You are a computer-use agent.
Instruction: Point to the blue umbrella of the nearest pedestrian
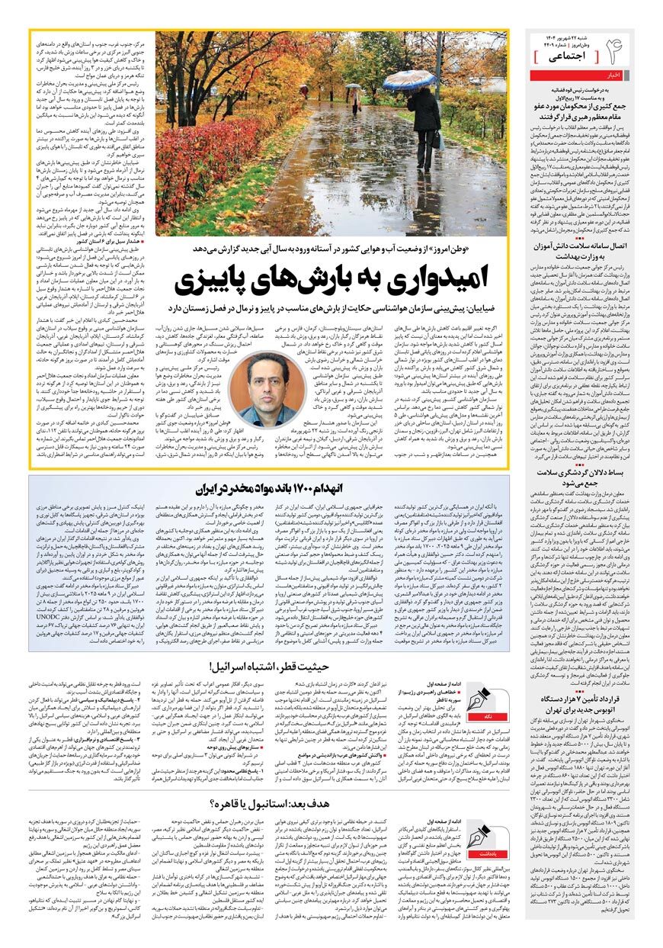click(408, 79)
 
